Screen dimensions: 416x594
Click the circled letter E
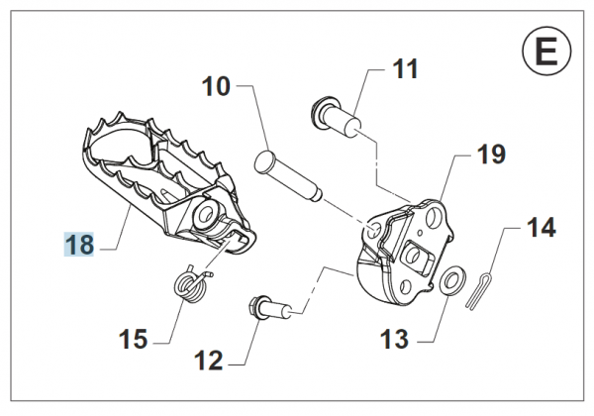pyautogui.click(x=545, y=51)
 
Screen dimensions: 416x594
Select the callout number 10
pyautogui.click(x=216, y=86)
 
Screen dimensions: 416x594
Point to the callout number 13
pyautogui.click(x=393, y=341)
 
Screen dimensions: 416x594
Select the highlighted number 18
pyautogui.click(x=79, y=245)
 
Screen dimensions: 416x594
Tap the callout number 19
pyautogui.click(x=490, y=155)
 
